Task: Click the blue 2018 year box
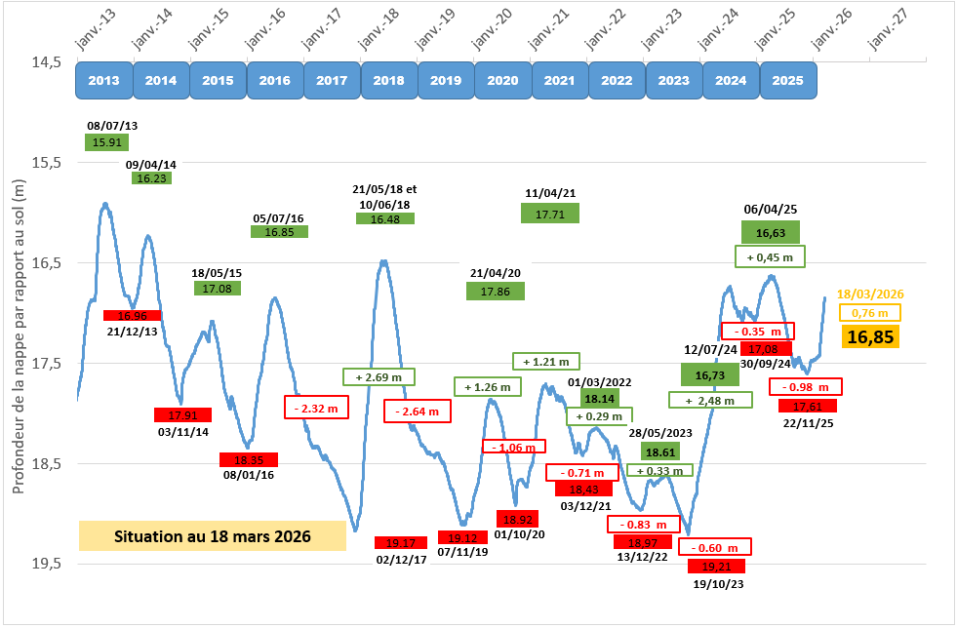click(x=389, y=81)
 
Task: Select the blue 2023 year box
click(x=674, y=81)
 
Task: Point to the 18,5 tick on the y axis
click(x=46, y=463)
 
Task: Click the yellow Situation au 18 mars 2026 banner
click(x=213, y=536)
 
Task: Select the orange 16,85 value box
click(x=870, y=337)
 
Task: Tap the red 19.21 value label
click(x=716, y=566)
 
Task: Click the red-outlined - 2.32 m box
click(x=316, y=407)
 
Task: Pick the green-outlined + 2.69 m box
click(x=379, y=376)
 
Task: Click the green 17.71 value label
click(x=550, y=212)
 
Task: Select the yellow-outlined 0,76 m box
click(x=870, y=313)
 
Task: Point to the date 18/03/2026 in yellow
click(x=870, y=294)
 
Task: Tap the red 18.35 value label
click(x=249, y=459)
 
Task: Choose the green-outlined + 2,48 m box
click(x=710, y=400)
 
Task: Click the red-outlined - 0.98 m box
click(x=808, y=387)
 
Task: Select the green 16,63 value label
click(x=771, y=232)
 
